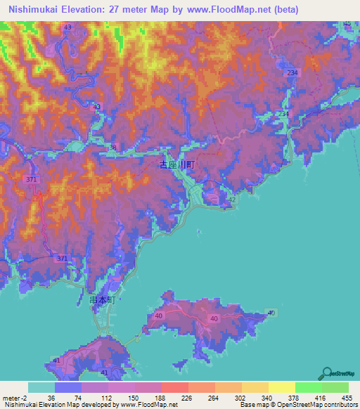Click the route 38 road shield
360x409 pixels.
pos(112,147)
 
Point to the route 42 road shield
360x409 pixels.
pos(232,200)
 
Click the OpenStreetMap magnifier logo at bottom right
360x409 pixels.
pos(328,373)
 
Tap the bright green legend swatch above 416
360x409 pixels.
pos(309,387)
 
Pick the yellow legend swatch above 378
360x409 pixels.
pos(282,387)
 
